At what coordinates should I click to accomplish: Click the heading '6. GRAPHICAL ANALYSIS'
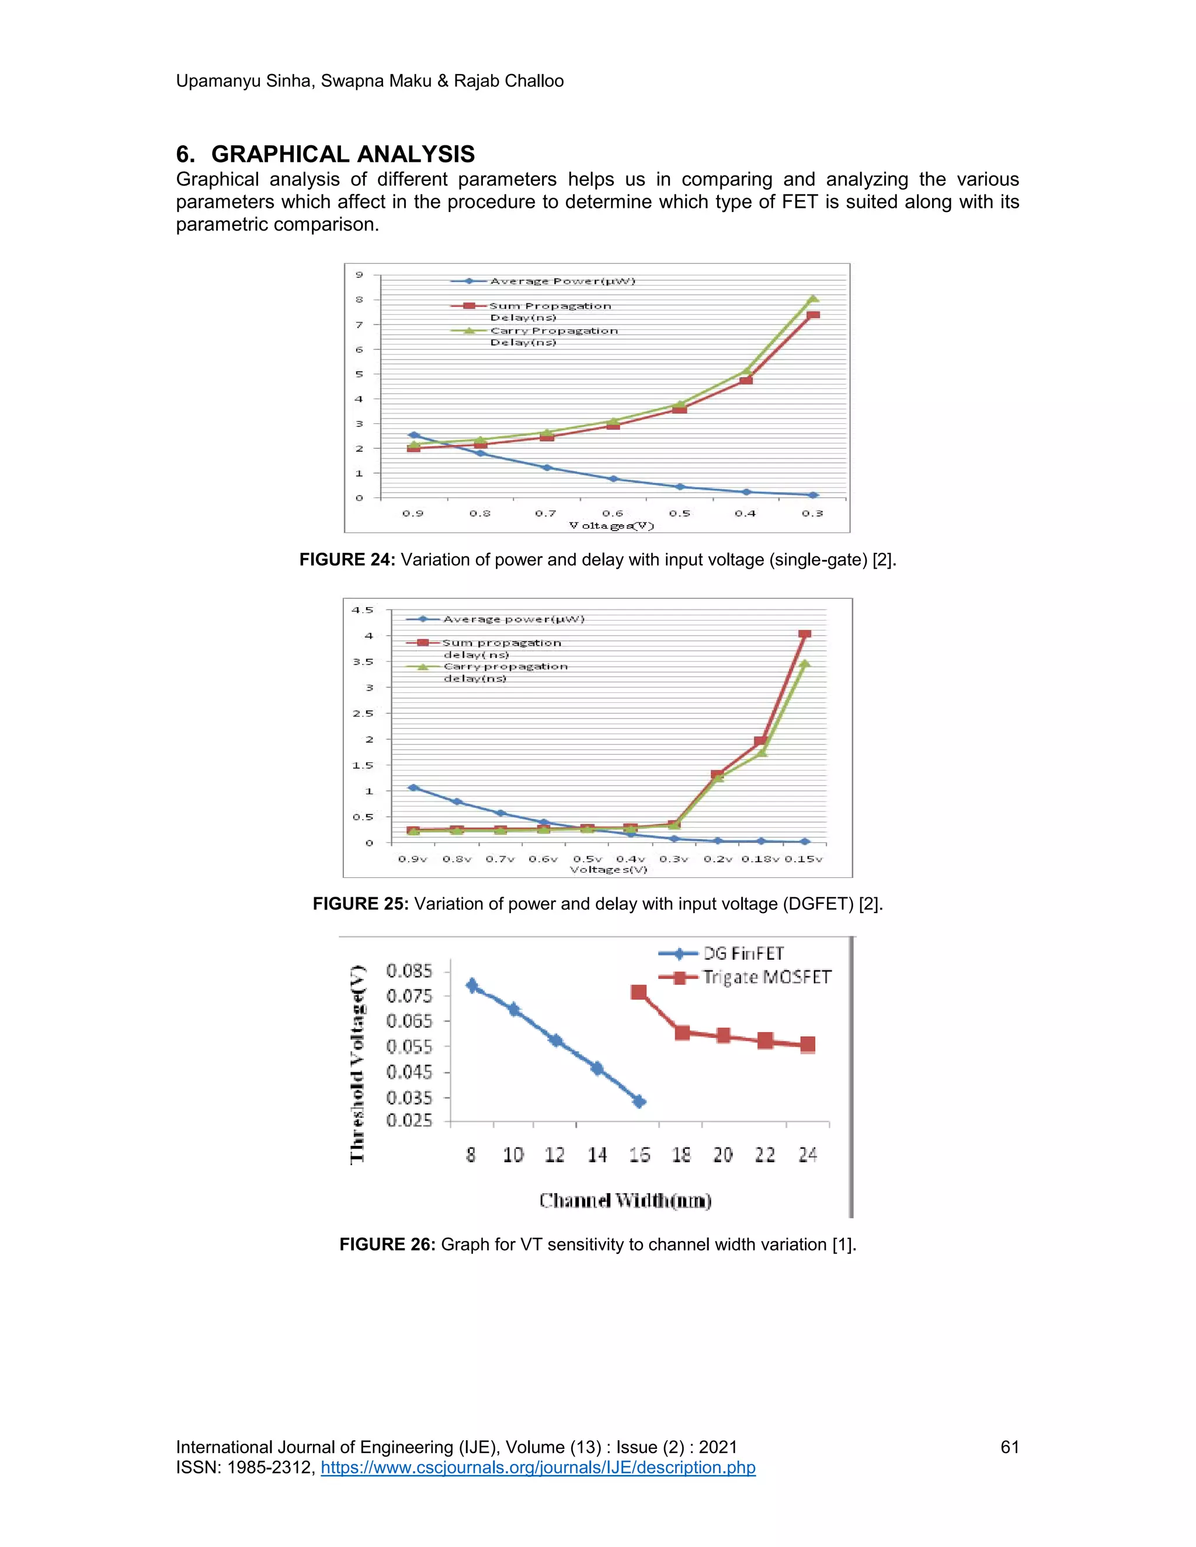[325, 155]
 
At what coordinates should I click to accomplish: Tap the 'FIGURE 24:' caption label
[345, 560]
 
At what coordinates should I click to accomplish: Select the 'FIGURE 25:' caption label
[359, 904]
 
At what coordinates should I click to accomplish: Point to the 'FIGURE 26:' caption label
[386, 1245]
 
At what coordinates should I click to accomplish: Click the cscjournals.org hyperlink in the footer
[538, 1467]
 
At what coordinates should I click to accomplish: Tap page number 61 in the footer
[1009, 1447]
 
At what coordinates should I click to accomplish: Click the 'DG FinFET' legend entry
[743, 953]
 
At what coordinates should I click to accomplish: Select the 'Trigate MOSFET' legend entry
[766, 977]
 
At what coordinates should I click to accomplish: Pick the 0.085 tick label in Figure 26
[409, 970]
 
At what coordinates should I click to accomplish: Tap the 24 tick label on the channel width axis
[808, 1155]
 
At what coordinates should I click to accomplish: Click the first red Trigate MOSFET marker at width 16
[638, 992]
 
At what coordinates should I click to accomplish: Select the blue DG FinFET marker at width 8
[472, 986]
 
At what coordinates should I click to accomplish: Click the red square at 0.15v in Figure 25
[804, 635]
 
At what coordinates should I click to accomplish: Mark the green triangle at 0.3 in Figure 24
[813, 299]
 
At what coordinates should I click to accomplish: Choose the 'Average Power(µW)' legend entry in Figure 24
[562, 281]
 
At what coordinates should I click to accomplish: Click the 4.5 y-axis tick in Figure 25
[362, 610]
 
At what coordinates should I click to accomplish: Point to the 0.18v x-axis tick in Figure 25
[760, 859]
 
